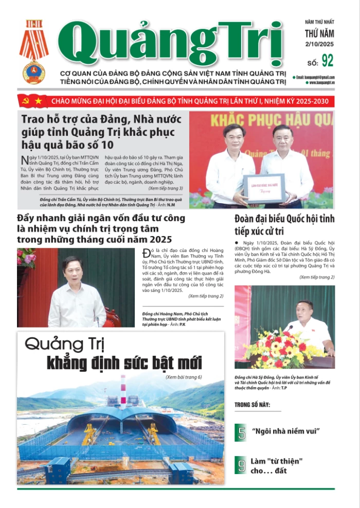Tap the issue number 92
tap(327, 61)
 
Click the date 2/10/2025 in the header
tap(319, 45)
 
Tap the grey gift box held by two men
tap(263, 187)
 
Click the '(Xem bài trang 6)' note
tap(184, 376)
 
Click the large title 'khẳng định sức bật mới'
tap(124, 362)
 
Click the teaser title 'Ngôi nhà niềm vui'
tap(286, 430)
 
